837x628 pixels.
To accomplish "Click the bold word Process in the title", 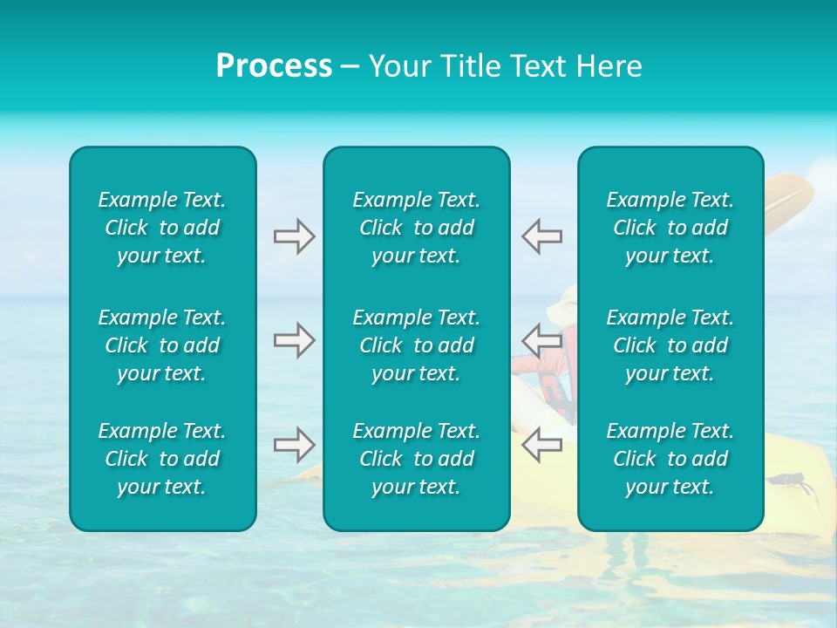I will tap(274, 66).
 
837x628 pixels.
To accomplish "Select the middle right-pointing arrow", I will tap(294, 340).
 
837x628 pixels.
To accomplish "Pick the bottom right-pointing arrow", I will tap(294, 445).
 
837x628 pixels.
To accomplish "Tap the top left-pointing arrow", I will tap(541, 236).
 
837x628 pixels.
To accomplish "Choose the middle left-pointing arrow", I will tap(541, 339).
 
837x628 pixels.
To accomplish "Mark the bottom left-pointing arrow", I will tap(541, 445).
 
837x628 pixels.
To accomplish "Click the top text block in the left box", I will tap(162, 228).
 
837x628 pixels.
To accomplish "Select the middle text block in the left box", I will tap(162, 345).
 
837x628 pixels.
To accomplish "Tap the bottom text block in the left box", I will tap(162, 459).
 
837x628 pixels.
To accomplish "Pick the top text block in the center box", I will tap(416, 228).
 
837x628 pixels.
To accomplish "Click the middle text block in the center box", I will tap(416, 345).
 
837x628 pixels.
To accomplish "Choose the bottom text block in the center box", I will tap(416, 459).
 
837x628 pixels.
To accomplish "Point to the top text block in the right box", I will tap(670, 228).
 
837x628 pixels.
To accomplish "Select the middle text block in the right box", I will tap(670, 345).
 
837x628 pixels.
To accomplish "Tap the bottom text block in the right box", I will tap(670, 459).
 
